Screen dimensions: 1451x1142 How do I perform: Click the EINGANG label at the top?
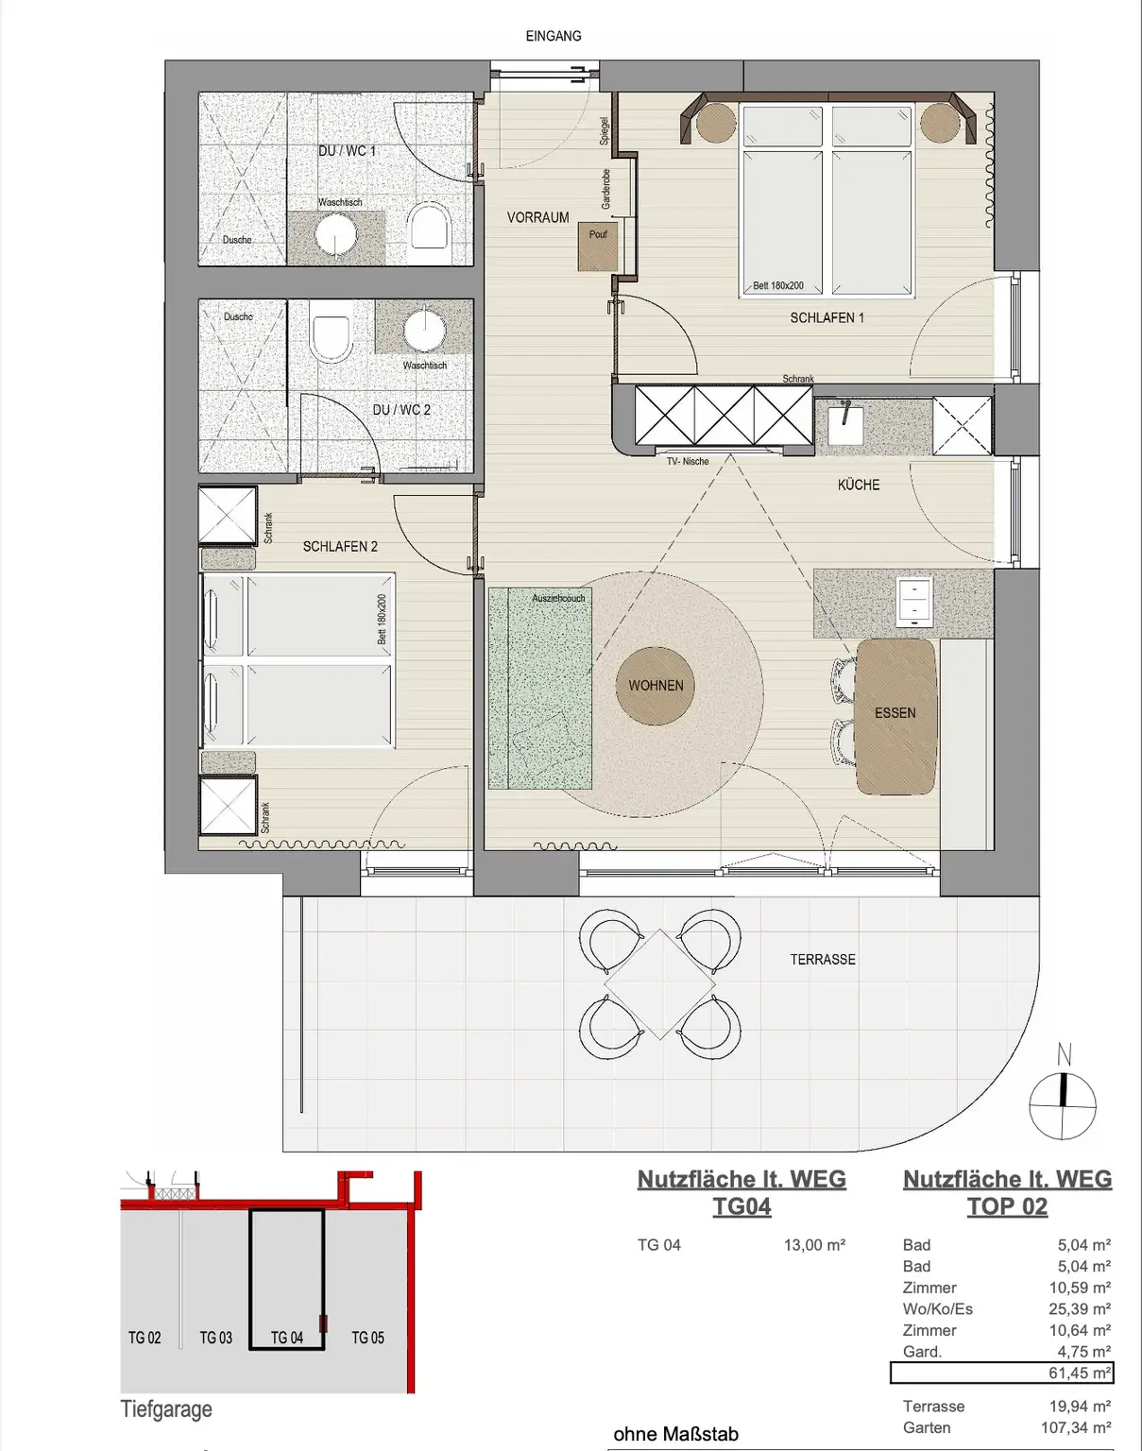554,36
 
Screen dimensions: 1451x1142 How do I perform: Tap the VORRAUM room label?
537,217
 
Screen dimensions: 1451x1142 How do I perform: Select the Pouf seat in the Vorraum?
598,247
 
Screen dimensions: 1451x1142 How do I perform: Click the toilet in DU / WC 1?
429,228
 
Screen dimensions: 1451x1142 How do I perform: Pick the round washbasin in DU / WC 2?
424,330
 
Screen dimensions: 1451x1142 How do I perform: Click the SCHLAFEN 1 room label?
827,318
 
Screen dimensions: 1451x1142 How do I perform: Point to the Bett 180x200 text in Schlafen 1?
778,285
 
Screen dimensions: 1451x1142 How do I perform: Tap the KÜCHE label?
858,485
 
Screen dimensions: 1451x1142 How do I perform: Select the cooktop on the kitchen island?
914,603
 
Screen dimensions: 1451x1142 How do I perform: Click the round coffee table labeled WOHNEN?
656,686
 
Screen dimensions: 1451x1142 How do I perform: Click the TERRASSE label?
823,959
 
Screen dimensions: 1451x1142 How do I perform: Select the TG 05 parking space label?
367,1338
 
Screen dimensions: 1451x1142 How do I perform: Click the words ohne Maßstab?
675,1434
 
